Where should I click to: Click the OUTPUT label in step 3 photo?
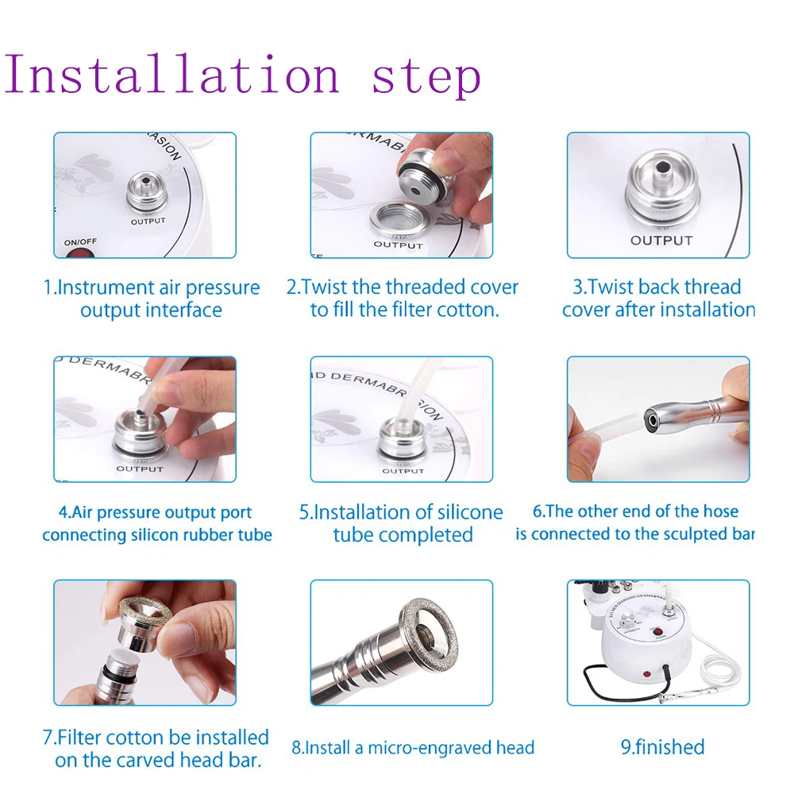[x=661, y=240]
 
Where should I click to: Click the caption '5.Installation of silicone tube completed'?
[x=401, y=523]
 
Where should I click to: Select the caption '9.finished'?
[x=661, y=747]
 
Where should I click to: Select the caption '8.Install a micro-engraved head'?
[x=412, y=748]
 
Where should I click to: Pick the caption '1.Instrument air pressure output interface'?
[x=151, y=299]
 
